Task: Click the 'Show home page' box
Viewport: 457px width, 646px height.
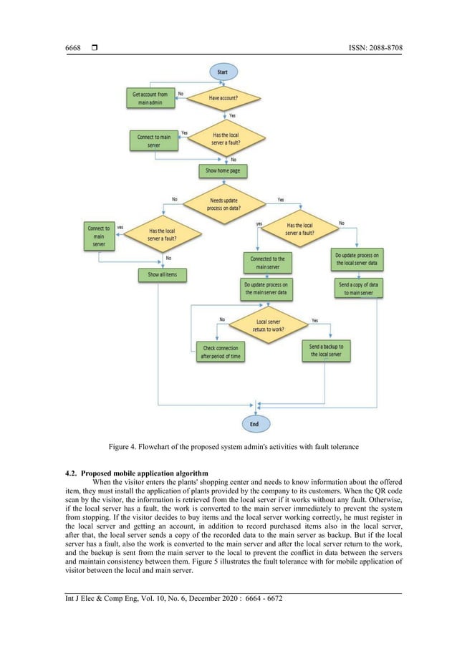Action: [223, 171]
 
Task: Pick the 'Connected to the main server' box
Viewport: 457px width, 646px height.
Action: [268, 262]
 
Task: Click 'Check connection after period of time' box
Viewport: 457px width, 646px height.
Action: [219, 352]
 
